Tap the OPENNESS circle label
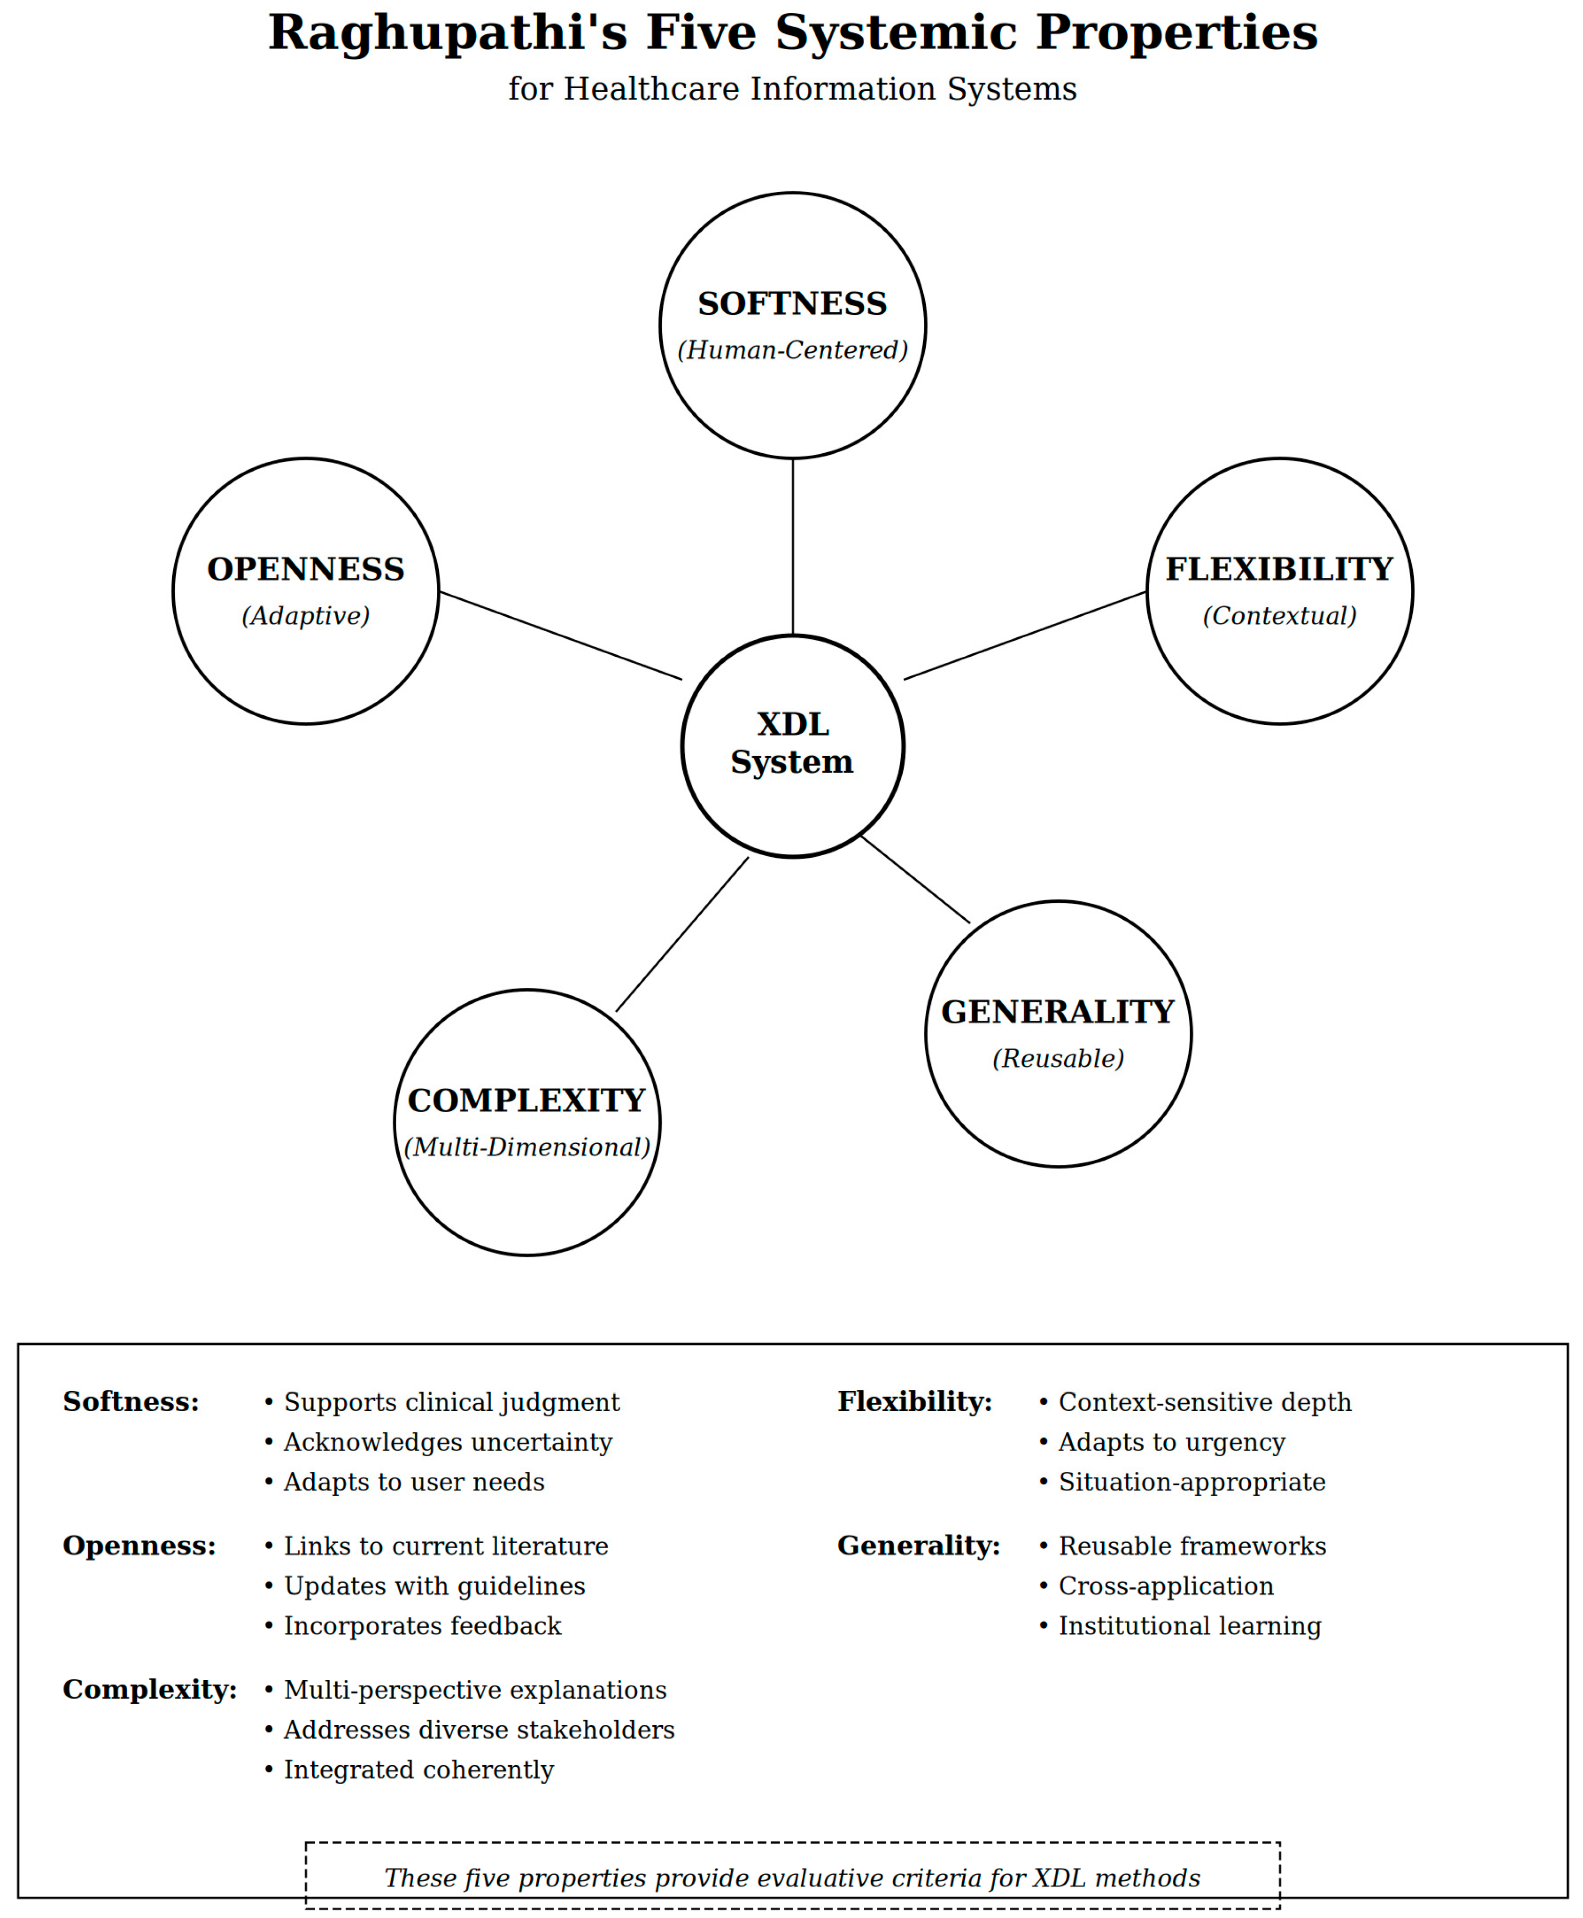pos(306,569)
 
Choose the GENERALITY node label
pos(1057,1012)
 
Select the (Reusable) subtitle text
pos(1057,1058)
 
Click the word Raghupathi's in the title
pos(447,33)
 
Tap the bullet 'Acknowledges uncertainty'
pos(447,1442)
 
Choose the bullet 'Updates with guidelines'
pos(434,1586)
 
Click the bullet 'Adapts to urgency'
pos(1171,1442)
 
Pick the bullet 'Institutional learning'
pos(1189,1626)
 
